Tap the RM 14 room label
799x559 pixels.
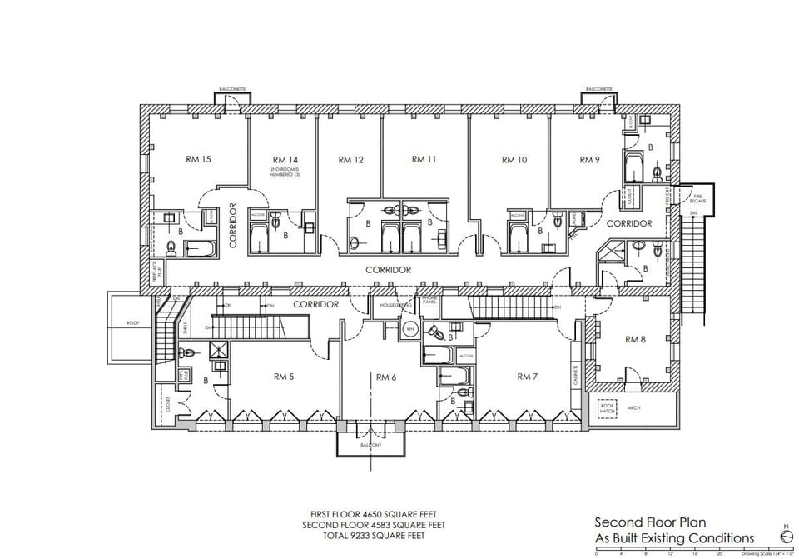[x=285, y=159]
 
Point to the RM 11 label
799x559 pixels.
[x=424, y=159]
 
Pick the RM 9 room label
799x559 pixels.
[x=590, y=159]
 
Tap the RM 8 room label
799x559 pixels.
[x=635, y=339]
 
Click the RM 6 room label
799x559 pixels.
[x=385, y=377]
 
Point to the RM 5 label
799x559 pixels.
[x=283, y=377]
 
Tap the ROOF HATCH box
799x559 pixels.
[x=607, y=408]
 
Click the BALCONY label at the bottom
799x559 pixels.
[x=370, y=446]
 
